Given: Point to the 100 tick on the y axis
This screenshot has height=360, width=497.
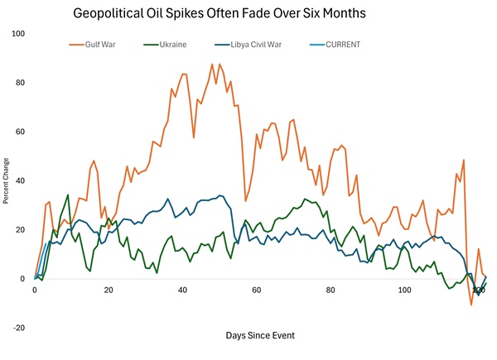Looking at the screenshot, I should click(19, 34).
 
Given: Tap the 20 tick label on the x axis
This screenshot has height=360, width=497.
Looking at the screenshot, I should click(109, 290).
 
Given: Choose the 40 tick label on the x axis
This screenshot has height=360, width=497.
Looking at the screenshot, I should click(182, 290).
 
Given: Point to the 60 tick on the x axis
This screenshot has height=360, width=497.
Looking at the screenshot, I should click(257, 290).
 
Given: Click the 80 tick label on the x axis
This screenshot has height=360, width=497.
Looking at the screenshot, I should click(331, 290).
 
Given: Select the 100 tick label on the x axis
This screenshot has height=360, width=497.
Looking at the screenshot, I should click(404, 290).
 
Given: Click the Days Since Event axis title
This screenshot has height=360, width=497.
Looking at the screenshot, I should click(259, 335).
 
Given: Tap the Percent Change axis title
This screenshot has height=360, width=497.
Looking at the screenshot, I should click(7, 180).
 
